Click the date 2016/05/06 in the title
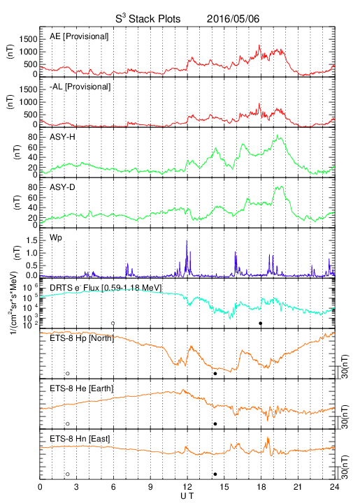pos(233,19)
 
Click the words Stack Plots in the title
pos(154,19)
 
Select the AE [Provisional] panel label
pos(79,36)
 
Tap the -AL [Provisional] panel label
pos(80,87)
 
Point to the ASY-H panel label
pos(62,137)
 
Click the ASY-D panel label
pos(62,187)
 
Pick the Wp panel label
pos(56,238)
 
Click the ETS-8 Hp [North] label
pos(82,338)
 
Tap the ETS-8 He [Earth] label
pos(82,388)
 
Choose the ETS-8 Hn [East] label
pos(80,439)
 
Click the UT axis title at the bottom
pos(187,496)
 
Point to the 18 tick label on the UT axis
pos(261,487)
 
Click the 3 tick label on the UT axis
pos(76,487)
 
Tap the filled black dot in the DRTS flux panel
pos(261,323)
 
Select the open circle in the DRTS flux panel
pos(113,323)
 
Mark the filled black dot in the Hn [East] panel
pos(215,474)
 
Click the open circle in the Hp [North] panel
pos(68,373)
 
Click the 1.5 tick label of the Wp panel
pos(32,240)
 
